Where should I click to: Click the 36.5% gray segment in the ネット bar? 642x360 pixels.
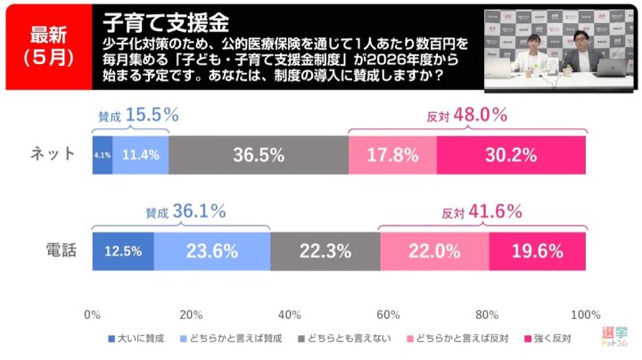(258, 155)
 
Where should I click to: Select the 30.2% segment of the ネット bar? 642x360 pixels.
(511, 155)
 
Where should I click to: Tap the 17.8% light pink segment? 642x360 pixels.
(392, 155)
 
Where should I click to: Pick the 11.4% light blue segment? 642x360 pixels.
(140, 155)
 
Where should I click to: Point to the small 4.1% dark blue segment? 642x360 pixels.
(102, 155)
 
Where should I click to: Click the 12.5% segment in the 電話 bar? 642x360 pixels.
(123, 251)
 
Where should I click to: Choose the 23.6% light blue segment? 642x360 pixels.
(212, 251)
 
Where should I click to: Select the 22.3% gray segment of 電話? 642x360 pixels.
(325, 251)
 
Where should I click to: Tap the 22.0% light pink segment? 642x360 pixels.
(434, 251)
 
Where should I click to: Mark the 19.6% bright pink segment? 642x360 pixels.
(538, 251)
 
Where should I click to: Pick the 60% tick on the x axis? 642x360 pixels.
(388, 315)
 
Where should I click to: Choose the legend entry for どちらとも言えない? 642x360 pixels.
(343, 338)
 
